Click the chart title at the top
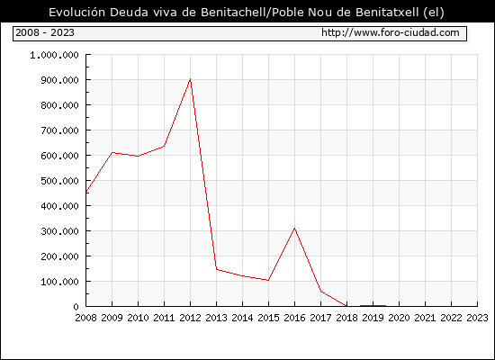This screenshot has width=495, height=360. tap(247, 13)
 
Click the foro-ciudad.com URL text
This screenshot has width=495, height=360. tap(391, 32)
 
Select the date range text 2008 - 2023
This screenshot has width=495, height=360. tap(45, 32)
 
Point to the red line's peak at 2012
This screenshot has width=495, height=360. tap(191, 78)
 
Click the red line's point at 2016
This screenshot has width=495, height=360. tap(294, 228)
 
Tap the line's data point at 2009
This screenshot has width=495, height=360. tap(112, 152)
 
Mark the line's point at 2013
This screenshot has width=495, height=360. tap(216, 269)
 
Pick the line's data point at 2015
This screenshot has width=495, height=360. tap(268, 280)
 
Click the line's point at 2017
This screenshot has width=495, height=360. tap(320, 292)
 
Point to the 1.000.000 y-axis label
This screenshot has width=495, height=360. tap(54, 55)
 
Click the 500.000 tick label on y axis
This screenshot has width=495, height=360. tap(59, 181)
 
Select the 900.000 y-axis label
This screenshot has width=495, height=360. tap(59, 80)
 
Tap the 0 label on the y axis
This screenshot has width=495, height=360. tap(76, 307)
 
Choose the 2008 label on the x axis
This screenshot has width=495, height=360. tap(85, 318)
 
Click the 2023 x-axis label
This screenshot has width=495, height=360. tap(477, 318)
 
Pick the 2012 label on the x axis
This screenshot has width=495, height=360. tap(191, 318)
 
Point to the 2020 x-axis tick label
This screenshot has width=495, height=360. tap(399, 318)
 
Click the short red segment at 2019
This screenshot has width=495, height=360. tap(373, 306)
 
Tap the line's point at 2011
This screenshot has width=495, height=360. tap(164, 146)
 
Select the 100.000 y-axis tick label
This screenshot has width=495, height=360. tap(59, 282)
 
